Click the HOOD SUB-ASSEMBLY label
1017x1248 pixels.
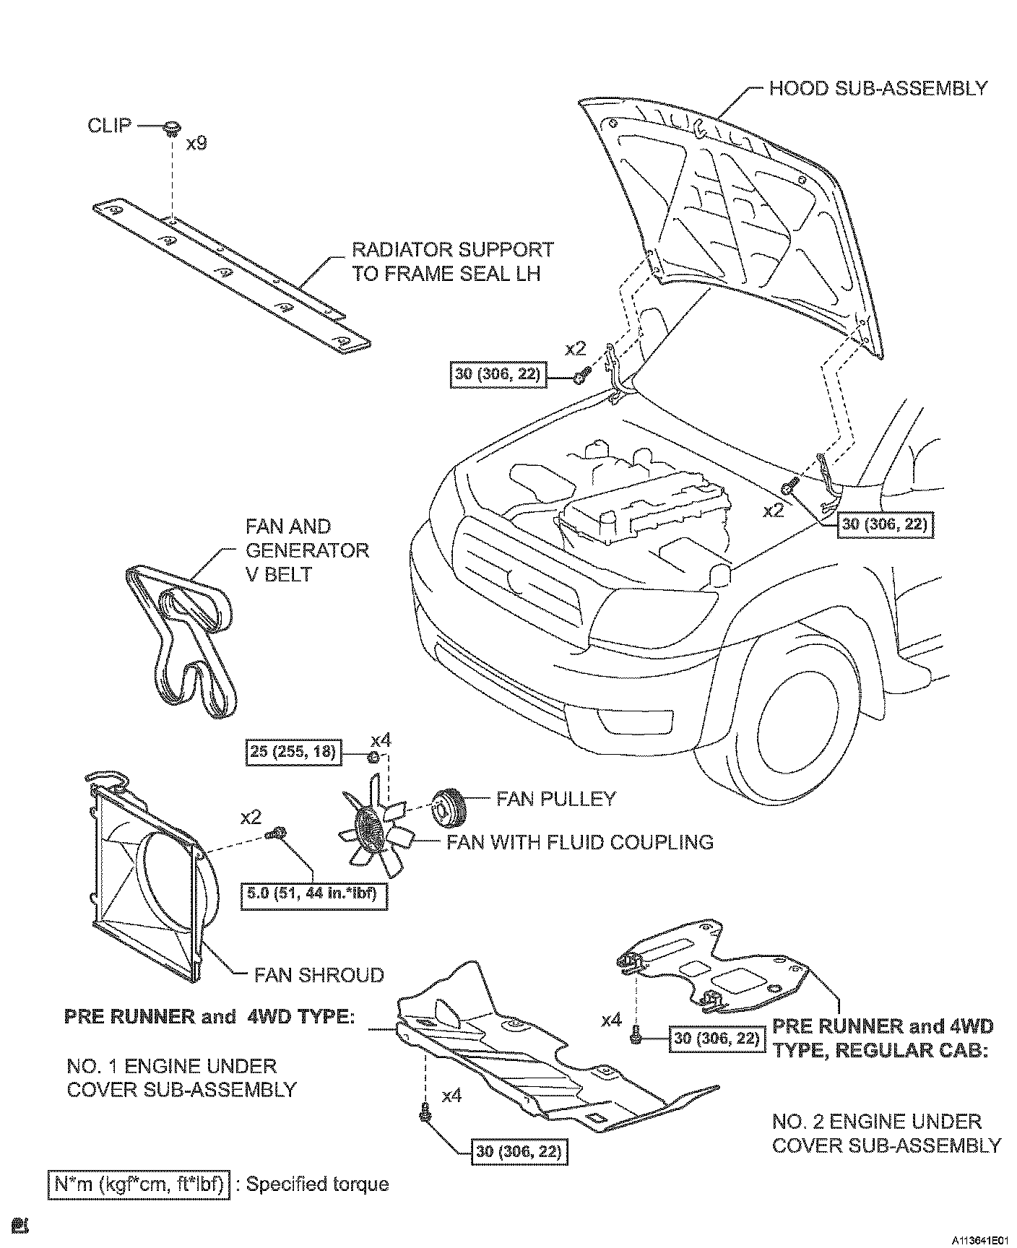tap(878, 88)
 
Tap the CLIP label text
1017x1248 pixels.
tap(110, 125)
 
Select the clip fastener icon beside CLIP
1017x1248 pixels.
tap(172, 130)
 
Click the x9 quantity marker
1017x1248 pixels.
tap(196, 144)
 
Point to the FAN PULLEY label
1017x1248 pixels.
tap(556, 798)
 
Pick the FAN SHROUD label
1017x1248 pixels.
tap(319, 975)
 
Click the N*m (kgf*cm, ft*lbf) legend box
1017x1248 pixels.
tap(140, 1184)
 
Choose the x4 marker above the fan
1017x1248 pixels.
tap(381, 741)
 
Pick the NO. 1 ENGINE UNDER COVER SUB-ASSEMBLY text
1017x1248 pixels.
tap(181, 1077)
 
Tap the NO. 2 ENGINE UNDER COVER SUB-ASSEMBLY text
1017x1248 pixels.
tap(886, 1133)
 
